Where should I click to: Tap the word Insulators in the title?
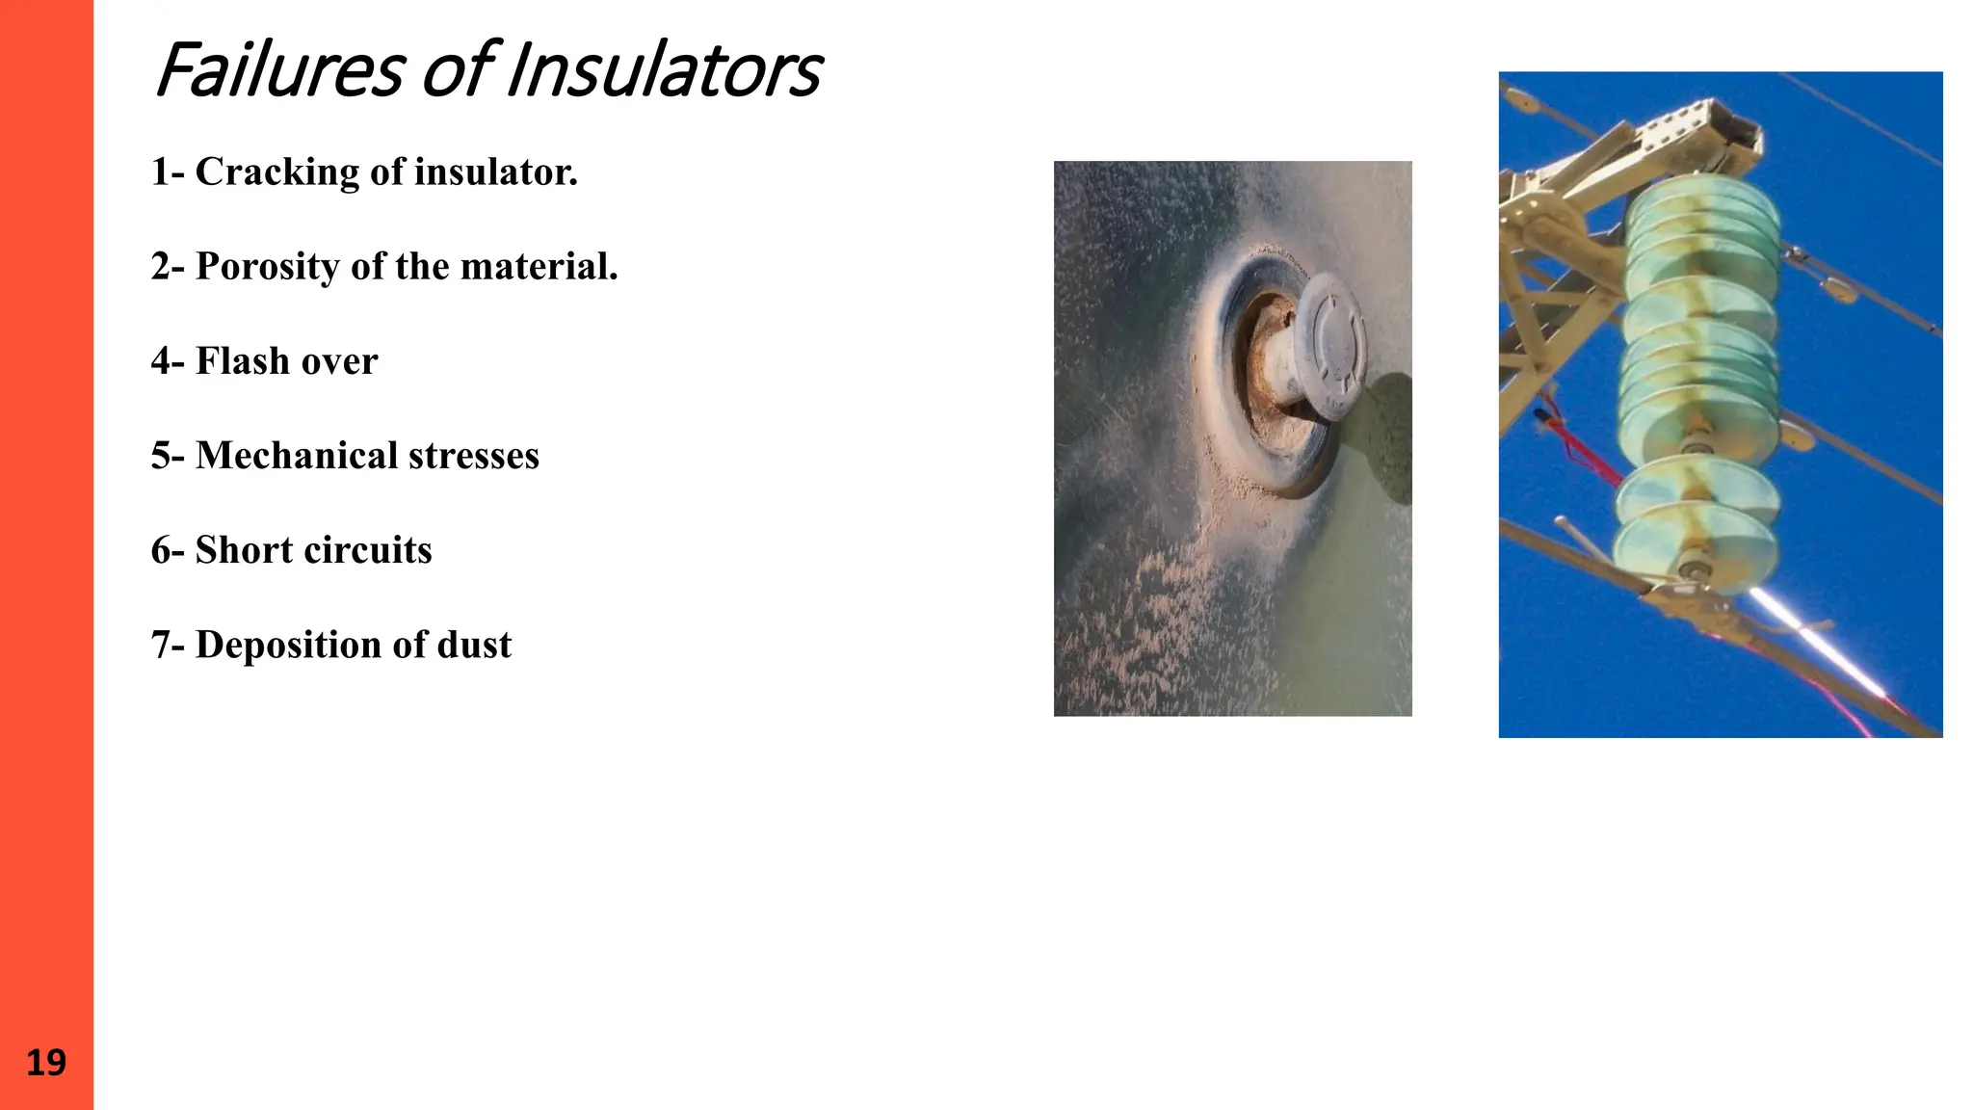pos(665,71)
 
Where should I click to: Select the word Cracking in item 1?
pos(277,172)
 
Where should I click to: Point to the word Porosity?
pos(267,267)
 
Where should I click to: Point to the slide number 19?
pos(45,1063)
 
